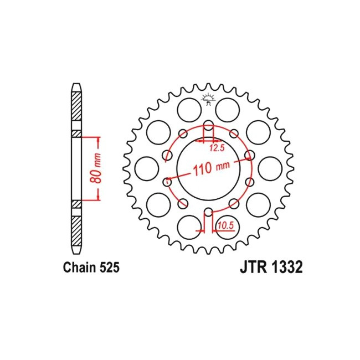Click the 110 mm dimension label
pos(212,168)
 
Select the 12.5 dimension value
pos(217,148)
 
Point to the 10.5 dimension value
pos(225,225)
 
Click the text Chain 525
pos(91,268)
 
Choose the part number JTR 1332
pos(271,268)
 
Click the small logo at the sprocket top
pos(208,100)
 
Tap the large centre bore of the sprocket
pos(208,168)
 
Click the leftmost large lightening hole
pos(147,168)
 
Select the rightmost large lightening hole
pos(270,168)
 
